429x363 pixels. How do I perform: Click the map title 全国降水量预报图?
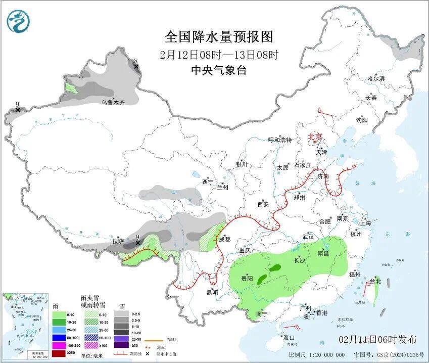click(x=219, y=37)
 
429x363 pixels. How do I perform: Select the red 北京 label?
click(x=316, y=137)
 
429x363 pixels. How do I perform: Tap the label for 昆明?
click(x=212, y=292)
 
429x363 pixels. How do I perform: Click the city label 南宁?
click(x=262, y=313)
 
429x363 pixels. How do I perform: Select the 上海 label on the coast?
click(x=365, y=222)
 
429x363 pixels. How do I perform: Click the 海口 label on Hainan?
click(x=289, y=337)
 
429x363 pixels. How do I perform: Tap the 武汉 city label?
click(x=308, y=237)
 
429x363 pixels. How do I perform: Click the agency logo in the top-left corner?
click(x=19, y=22)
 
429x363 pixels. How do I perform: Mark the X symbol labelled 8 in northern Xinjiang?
click(x=135, y=67)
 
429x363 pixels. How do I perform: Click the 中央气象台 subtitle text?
click(x=219, y=71)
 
